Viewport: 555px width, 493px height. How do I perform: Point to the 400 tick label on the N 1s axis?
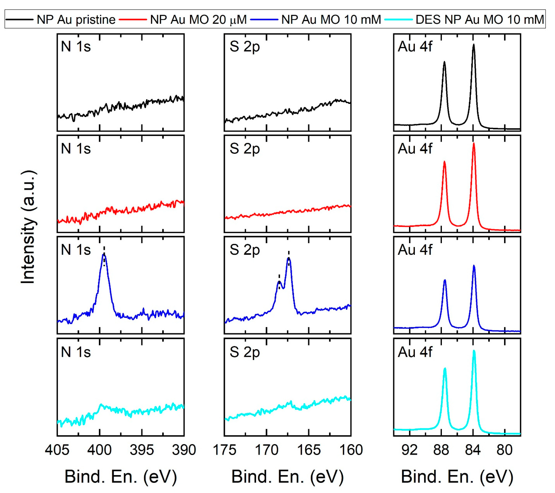[x=99, y=450]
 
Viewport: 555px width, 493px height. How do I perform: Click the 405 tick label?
[x=57, y=450]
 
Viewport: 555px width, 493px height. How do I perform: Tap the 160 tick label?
[x=351, y=450]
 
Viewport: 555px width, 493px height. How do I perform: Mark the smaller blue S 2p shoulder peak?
[x=279, y=282]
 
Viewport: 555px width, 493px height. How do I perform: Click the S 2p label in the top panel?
[x=244, y=47]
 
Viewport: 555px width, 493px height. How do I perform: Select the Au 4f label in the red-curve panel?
[x=415, y=149]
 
